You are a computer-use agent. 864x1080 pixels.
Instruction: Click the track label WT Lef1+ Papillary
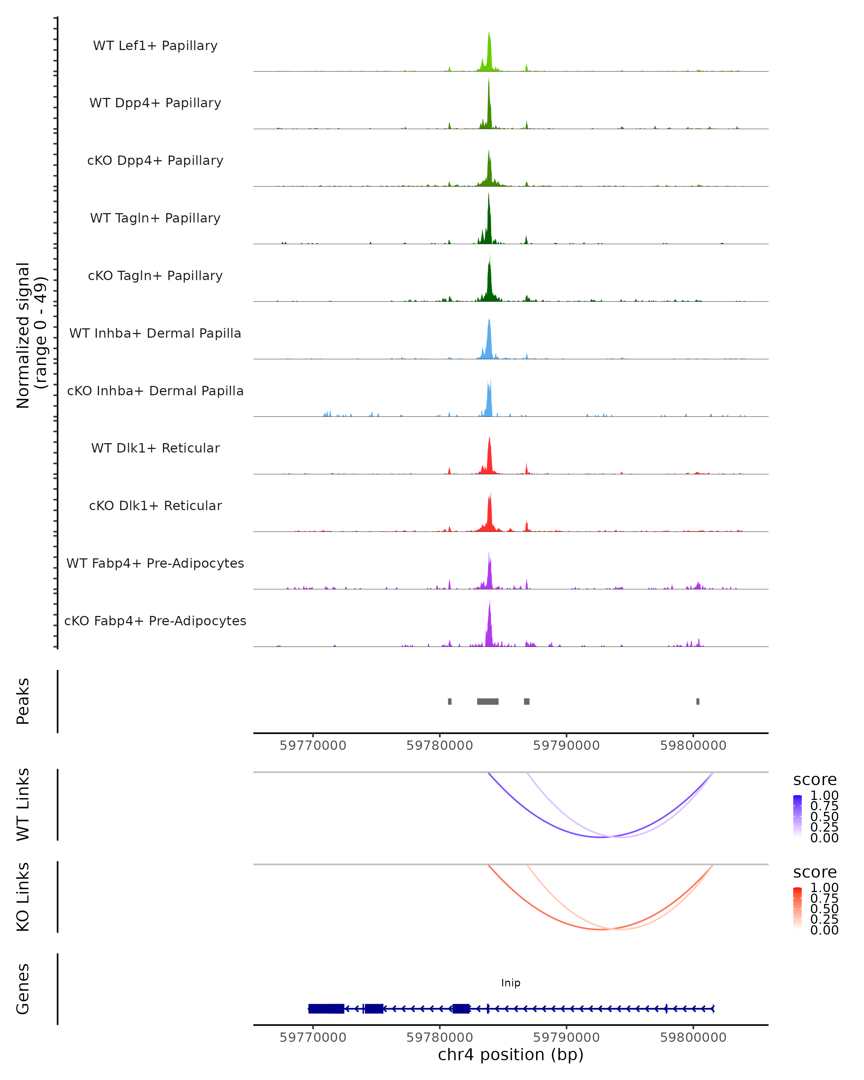(155, 46)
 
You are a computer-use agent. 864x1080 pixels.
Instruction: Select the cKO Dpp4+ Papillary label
(155, 161)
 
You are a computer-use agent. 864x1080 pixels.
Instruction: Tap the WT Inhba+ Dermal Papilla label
(155, 334)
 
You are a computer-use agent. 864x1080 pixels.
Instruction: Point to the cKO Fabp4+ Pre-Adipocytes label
(155, 621)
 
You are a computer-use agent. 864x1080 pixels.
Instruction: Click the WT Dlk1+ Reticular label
(155, 448)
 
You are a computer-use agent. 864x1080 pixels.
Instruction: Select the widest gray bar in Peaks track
(487, 701)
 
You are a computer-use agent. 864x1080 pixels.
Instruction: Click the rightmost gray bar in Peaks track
(698, 701)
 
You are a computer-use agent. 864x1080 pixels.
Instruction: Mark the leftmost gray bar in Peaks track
(450, 701)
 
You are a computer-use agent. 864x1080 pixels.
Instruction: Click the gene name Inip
(510, 983)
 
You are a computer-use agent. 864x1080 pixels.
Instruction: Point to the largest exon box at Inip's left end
(326, 1008)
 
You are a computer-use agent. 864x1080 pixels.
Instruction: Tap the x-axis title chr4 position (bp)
(510, 1055)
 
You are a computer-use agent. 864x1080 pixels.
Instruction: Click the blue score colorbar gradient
(797, 816)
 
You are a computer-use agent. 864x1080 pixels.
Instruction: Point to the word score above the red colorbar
(814, 872)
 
